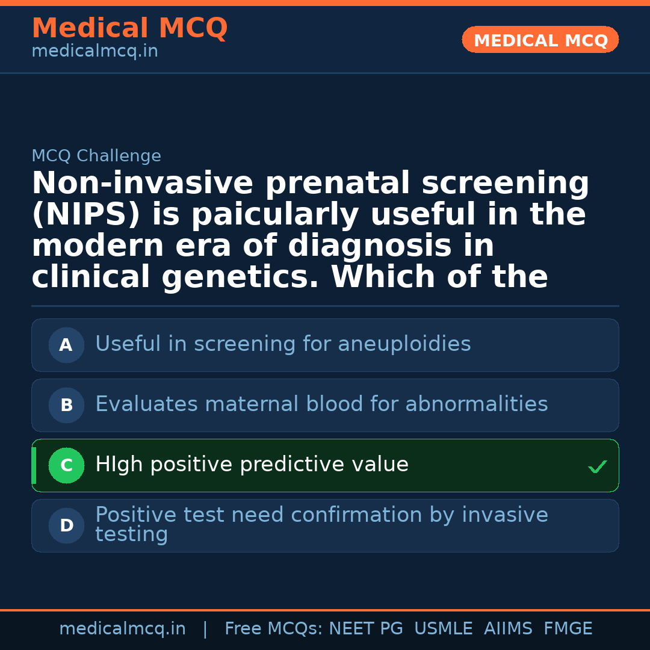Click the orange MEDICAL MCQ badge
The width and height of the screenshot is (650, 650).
(540, 39)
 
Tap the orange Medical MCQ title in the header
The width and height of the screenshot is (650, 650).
(130, 28)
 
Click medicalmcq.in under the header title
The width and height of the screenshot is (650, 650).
(95, 51)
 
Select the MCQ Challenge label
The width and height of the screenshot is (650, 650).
(96, 155)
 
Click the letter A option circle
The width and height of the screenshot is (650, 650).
(66, 345)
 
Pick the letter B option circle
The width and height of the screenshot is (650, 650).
(66, 405)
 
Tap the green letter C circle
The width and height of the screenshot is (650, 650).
(66, 465)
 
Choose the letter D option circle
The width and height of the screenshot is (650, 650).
(66, 525)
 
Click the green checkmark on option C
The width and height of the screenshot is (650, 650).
(598, 466)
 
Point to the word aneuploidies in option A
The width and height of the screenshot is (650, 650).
(404, 344)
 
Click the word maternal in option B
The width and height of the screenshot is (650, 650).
(252, 404)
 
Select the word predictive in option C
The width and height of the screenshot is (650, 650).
(292, 464)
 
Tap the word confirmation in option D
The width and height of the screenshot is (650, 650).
(356, 515)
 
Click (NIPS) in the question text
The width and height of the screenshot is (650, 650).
(86, 214)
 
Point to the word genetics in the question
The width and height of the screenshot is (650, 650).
(240, 277)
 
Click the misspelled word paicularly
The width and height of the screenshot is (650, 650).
(275, 215)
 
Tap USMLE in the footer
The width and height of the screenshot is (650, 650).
(443, 628)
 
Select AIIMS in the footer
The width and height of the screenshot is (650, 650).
(508, 628)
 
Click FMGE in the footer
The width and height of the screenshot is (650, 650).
(568, 628)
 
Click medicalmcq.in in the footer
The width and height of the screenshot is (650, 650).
(122, 629)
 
